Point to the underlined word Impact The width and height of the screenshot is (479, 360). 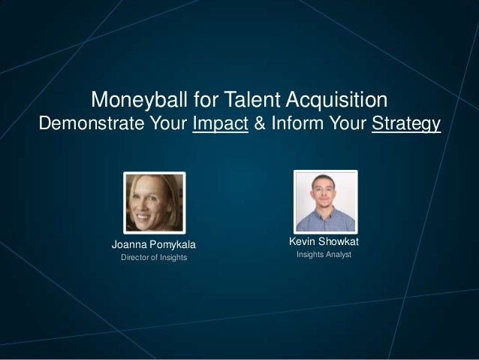220,123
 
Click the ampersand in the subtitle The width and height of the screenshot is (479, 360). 258,123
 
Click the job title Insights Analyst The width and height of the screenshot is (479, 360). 324,256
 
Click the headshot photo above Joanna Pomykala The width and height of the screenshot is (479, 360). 154,201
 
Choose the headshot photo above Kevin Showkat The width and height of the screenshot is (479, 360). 325,201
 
